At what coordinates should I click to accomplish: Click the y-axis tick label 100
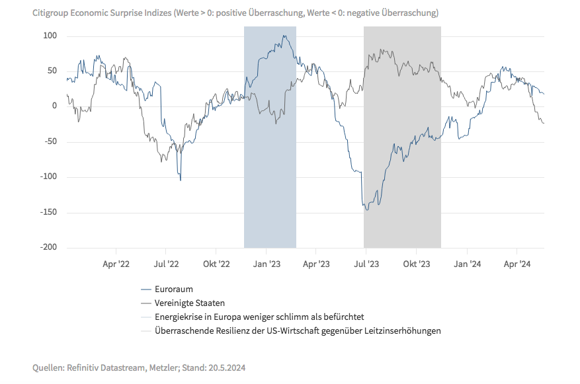(50, 35)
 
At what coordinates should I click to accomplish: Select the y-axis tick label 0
(55, 106)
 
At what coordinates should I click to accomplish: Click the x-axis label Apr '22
(116, 264)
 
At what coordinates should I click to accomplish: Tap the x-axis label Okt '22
(216, 264)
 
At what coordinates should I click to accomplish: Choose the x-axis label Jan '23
(267, 264)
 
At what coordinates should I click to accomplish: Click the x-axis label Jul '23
(366, 264)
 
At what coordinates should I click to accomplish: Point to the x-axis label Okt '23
(416, 264)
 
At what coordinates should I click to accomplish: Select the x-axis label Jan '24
(467, 264)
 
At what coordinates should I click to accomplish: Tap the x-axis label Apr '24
(517, 264)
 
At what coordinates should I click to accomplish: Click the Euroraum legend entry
(173, 289)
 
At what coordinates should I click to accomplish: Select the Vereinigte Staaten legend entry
(189, 303)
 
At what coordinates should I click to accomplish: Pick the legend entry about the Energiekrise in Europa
(259, 317)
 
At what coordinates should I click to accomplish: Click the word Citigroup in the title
(52, 13)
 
